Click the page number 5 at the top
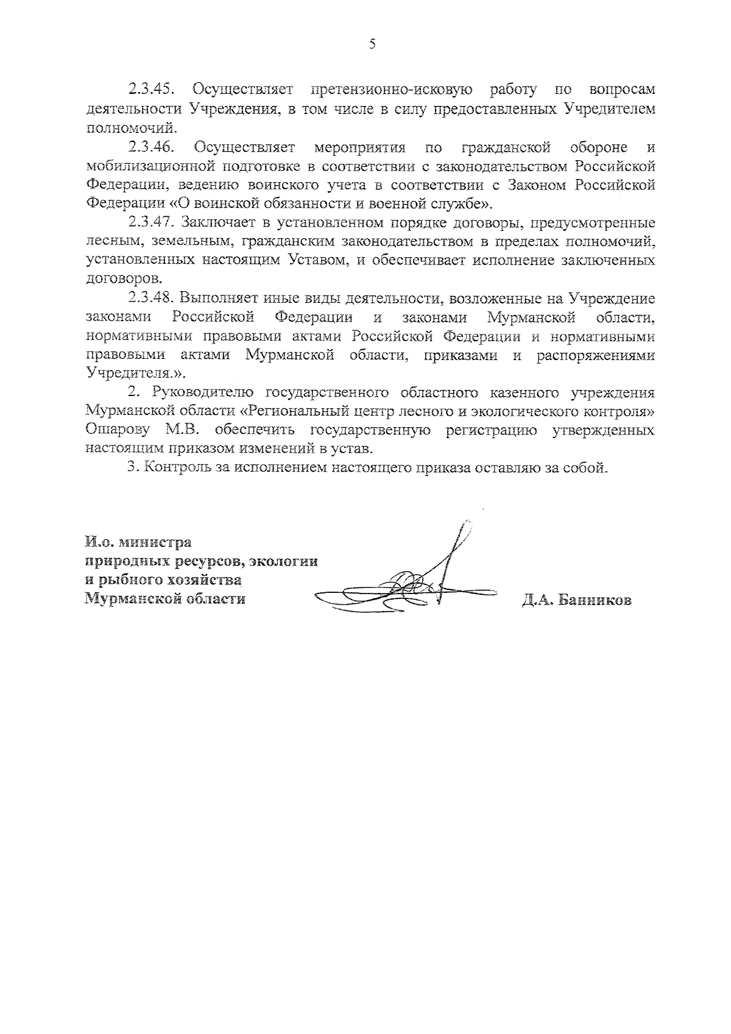point(371,43)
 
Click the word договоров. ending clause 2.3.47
point(125,280)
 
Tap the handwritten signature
point(414,579)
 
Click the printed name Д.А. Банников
point(576,600)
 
